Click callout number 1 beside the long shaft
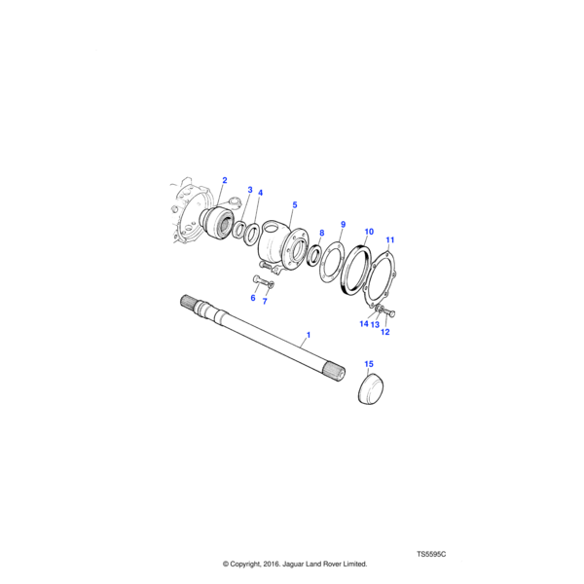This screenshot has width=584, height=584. [x=308, y=335]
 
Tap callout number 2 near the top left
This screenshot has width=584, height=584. [x=225, y=180]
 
